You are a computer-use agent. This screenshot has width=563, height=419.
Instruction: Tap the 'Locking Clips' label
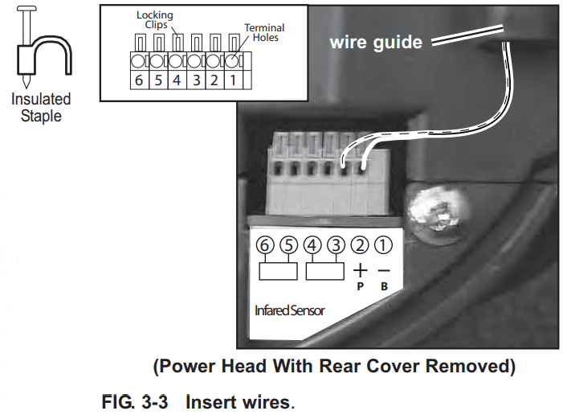tap(153, 20)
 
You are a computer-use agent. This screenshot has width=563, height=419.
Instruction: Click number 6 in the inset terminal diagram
tap(138, 81)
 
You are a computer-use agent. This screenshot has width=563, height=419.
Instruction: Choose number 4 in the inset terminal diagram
tap(177, 81)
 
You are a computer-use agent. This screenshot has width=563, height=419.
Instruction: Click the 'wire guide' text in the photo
tap(375, 43)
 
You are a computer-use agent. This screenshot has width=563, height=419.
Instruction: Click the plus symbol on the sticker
tap(361, 271)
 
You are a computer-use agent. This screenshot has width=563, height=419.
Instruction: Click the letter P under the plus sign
tap(361, 285)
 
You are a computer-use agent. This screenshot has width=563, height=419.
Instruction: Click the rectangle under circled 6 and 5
tap(276, 270)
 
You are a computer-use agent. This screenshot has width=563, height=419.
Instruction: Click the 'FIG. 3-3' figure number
tap(134, 401)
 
